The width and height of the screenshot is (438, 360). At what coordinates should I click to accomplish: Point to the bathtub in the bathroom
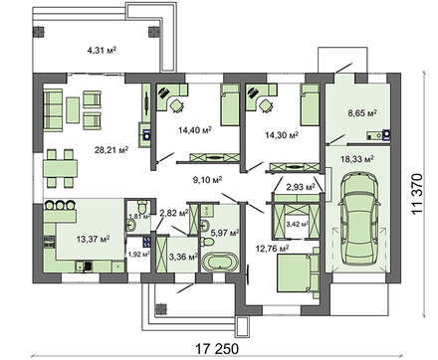coord(217,261)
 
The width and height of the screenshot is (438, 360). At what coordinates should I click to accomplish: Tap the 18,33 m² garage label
coord(356,157)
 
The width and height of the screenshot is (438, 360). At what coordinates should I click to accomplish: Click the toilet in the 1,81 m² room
coord(132,224)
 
